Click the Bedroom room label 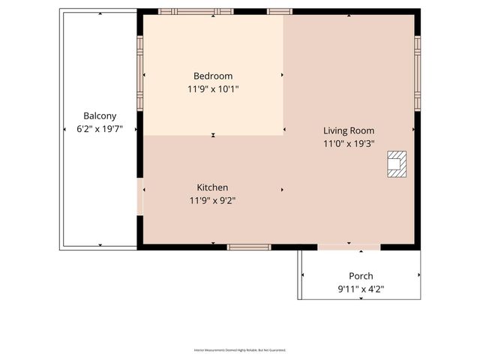tap(213, 76)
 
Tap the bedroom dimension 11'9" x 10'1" tap(213, 88)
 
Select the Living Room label tap(349, 130)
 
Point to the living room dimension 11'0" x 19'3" tap(349, 143)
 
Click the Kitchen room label tap(212, 187)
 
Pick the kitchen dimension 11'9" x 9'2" tap(212, 200)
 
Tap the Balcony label tap(100, 115)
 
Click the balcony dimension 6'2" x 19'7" tap(100, 128)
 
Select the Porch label tap(361, 276)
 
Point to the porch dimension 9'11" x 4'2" tap(361, 289)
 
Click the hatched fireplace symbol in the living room tap(396, 164)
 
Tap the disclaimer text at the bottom tap(240, 349)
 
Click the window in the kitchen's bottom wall tap(249, 247)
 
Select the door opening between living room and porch tap(349, 247)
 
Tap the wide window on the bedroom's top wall tap(196, 12)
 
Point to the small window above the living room tap(280, 12)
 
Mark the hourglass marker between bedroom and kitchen tap(214, 136)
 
